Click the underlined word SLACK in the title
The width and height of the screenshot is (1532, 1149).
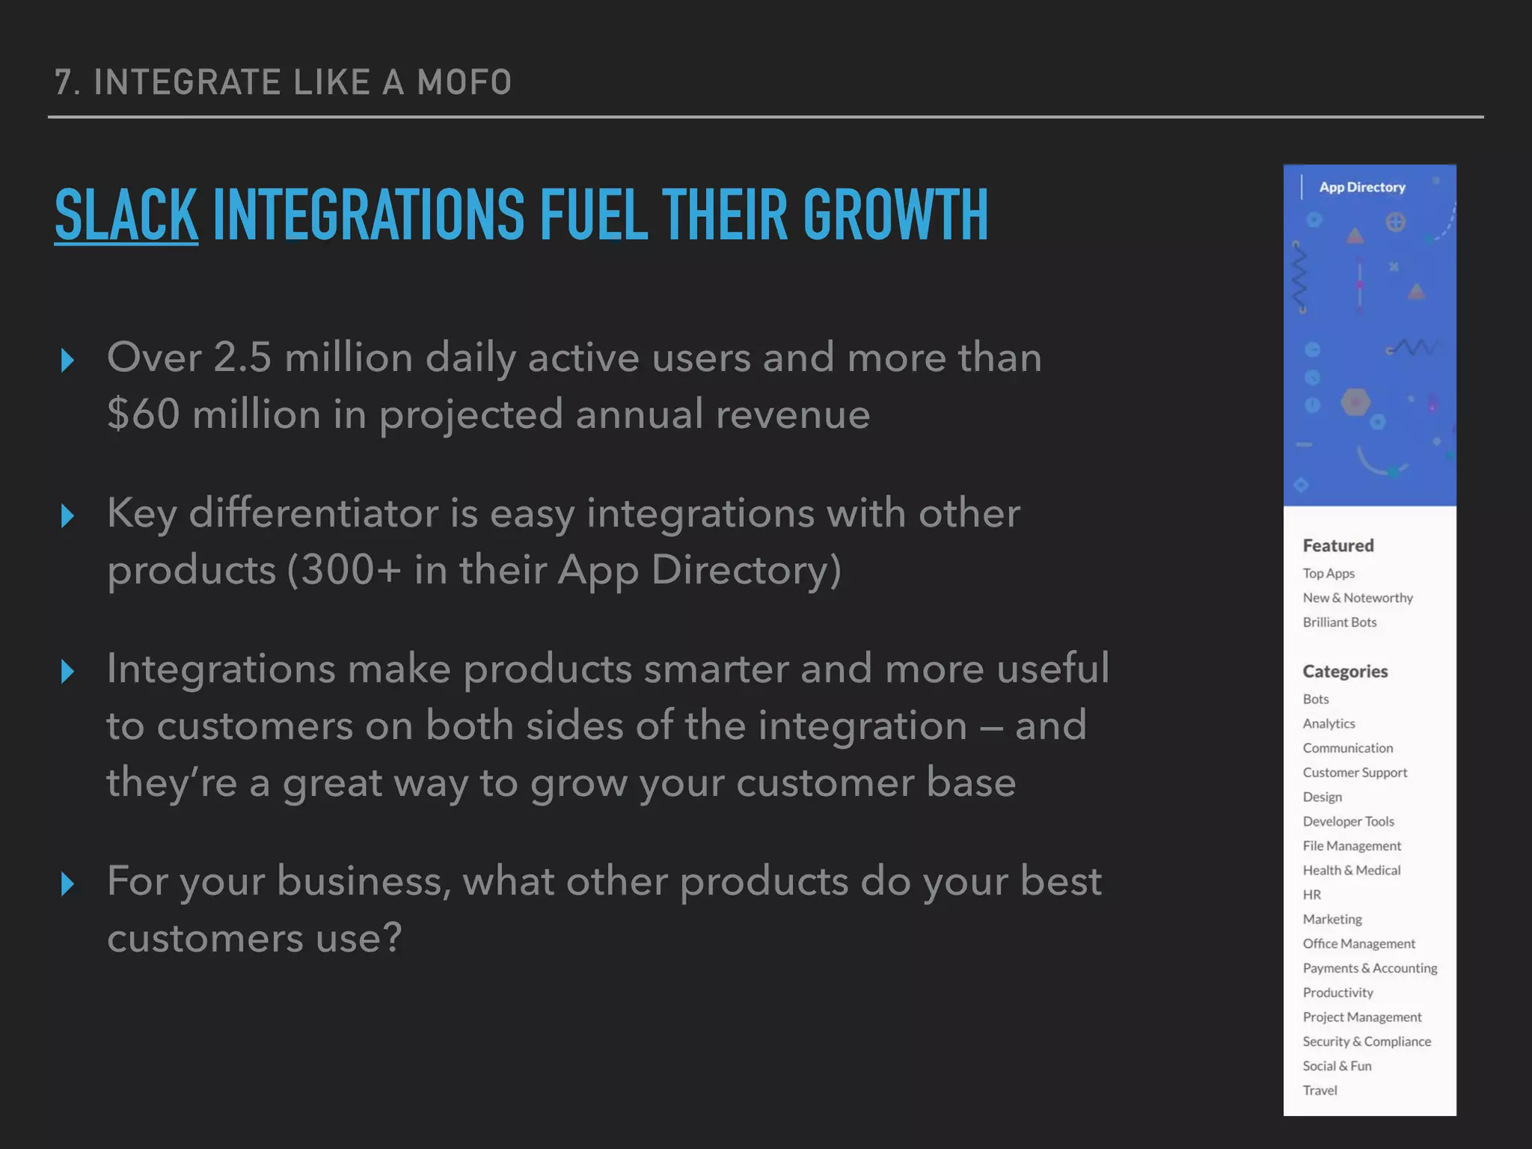(126, 215)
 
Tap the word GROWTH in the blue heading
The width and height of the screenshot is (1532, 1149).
(895, 215)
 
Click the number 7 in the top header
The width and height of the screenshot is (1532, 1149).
(63, 82)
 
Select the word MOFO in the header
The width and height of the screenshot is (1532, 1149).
(464, 82)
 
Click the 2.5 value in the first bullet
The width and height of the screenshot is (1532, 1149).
(242, 357)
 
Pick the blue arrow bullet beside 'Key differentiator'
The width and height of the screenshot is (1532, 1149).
(67, 515)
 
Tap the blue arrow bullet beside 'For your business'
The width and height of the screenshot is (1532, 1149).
(67, 884)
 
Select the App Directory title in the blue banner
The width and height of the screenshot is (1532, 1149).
(1361, 187)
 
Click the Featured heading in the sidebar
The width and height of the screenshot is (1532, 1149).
(1338, 545)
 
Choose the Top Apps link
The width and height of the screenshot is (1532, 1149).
(1328, 573)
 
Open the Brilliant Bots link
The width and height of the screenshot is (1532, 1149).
(1339, 622)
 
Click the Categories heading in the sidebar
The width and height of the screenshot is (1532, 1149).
(1344, 671)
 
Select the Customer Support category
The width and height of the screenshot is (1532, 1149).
(1354, 772)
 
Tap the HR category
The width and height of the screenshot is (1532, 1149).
(1311, 895)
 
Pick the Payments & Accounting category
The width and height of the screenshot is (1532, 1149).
(1369, 968)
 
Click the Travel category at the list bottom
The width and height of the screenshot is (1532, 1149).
(1320, 1091)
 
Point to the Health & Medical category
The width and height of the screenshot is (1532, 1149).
(1351, 870)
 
